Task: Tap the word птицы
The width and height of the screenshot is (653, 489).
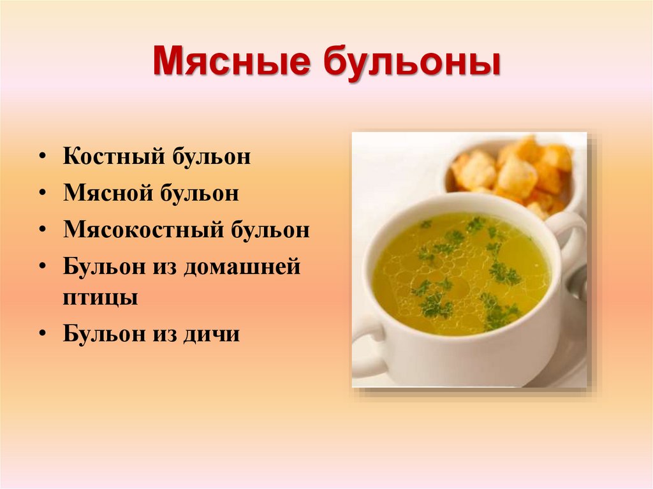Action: tap(100, 298)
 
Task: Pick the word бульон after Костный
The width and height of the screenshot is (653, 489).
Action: tap(210, 157)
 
